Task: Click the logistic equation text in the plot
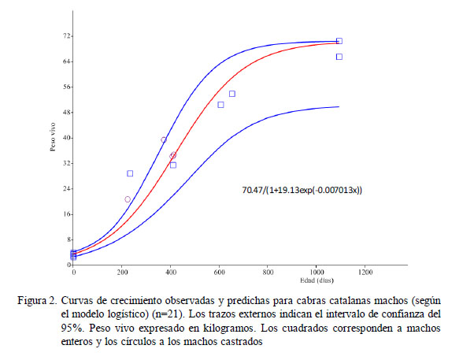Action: (x=302, y=190)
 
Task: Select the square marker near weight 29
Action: (x=130, y=173)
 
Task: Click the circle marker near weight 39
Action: (x=164, y=140)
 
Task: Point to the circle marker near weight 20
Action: (x=128, y=199)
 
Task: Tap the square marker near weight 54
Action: (x=232, y=94)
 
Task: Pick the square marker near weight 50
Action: (x=220, y=105)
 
